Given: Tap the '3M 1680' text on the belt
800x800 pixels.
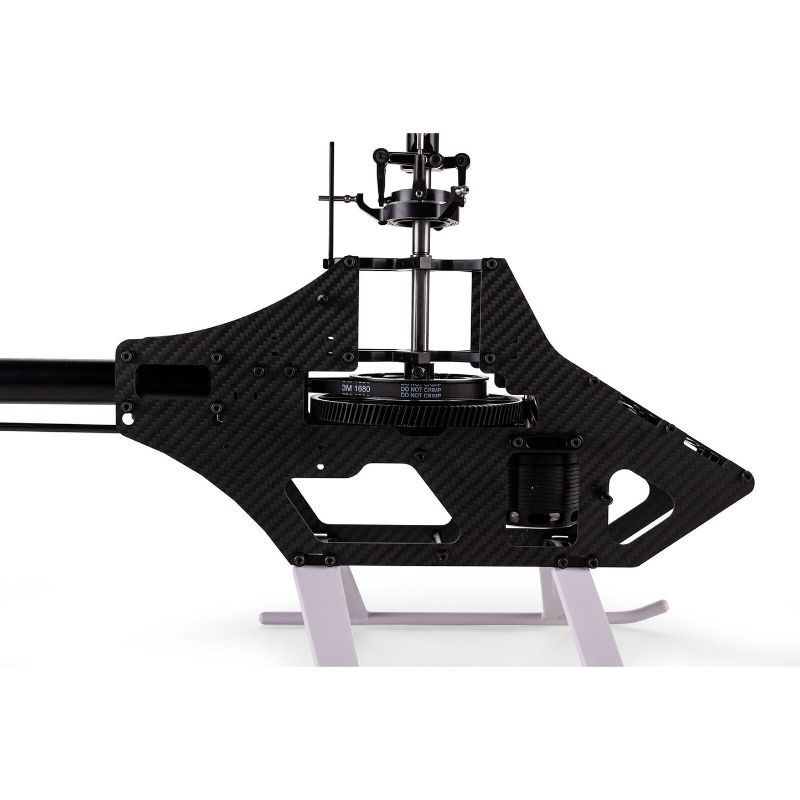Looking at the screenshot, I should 355,389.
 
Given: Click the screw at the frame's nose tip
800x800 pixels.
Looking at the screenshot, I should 747,476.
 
